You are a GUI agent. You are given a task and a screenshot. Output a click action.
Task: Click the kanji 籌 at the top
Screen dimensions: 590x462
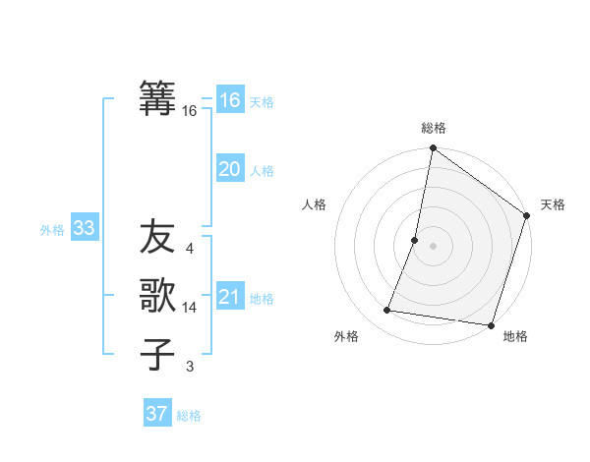click(x=157, y=98)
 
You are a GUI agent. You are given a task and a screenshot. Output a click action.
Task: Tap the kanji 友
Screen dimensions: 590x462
click(x=157, y=237)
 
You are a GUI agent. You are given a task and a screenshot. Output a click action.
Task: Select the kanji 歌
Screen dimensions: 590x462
click(x=157, y=296)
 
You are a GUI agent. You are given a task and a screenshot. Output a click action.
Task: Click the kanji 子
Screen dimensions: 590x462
click(x=157, y=354)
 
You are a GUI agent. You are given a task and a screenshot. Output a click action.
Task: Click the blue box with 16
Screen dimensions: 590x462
click(x=230, y=100)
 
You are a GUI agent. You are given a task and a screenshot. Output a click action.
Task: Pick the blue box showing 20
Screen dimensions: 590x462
click(x=230, y=169)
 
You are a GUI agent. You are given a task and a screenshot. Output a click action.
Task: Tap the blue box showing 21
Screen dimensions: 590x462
click(x=230, y=297)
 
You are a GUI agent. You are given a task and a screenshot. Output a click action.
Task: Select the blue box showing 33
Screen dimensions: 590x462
click(x=84, y=229)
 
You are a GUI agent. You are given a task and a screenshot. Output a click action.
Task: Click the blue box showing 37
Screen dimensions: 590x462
click(x=157, y=414)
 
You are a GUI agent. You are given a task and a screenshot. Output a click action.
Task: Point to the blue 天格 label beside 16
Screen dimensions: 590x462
click(x=261, y=102)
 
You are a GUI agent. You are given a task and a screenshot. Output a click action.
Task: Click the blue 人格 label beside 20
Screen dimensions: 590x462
click(x=262, y=171)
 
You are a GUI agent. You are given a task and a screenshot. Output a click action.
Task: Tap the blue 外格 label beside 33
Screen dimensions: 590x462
click(x=52, y=230)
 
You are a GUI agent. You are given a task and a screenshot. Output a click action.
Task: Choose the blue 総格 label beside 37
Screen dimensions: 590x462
click(x=189, y=416)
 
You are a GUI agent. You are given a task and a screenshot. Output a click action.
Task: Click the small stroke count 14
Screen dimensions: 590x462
click(x=190, y=308)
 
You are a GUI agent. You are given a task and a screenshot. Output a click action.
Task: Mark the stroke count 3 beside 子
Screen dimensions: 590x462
click(x=190, y=367)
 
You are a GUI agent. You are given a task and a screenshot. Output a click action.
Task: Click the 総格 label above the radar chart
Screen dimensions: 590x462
click(x=433, y=129)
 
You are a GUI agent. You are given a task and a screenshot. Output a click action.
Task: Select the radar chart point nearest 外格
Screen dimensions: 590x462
click(x=387, y=311)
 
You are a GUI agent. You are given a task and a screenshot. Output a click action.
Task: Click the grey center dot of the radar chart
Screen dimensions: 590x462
click(x=433, y=246)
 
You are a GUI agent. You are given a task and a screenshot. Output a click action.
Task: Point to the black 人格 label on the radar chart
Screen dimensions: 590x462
click(x=315, y=204)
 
